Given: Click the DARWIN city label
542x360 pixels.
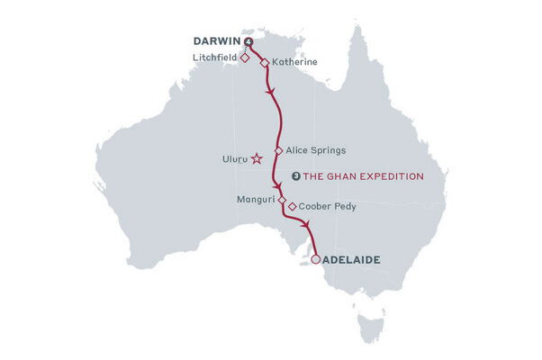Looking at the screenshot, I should pos(217,41).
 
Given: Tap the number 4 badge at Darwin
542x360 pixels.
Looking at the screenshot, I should pos(248,41).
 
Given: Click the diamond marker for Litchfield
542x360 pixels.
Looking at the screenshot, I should pos(245,57).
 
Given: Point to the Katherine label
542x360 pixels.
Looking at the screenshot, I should pos(294,63).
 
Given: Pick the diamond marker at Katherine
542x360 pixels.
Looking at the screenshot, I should pos(264,63).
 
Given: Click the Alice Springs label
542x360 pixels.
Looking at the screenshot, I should pos(315,150).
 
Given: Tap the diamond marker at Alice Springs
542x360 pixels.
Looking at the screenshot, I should pos(278,150).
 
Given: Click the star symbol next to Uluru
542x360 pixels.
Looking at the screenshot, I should pos(257,158).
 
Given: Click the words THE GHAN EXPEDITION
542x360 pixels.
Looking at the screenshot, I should pos(377,176).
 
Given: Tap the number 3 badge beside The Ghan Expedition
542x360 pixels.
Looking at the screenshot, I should pos(297,176).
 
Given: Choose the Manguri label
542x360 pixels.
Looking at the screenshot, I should pos(257,199).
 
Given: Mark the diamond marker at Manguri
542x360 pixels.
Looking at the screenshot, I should pos(282,200).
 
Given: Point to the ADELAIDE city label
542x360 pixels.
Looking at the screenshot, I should pos(351,260).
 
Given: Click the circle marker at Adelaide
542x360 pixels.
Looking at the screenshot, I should pos(315,260).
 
